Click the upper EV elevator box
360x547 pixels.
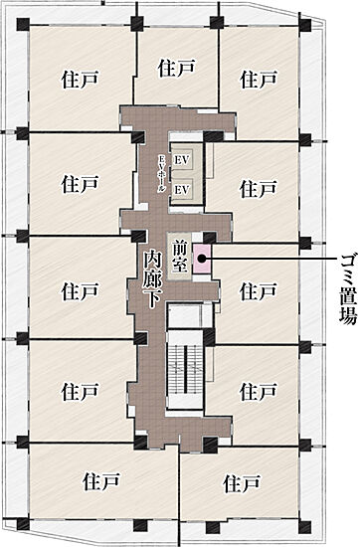click(182, 160)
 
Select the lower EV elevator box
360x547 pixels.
click(182, 188)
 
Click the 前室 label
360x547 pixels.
click(180, 258)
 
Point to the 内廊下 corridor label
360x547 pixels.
click(152, 279)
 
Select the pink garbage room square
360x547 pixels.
click(202, 258)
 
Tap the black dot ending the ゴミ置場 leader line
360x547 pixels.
click(202, 258)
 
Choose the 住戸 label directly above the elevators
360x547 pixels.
click(175, 68)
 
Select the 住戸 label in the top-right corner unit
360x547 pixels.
click(259, 78)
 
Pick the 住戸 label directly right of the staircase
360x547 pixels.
click(258, 390)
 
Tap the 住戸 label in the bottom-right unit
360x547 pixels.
click(242, 483)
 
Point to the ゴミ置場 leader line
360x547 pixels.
click(269, 258)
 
